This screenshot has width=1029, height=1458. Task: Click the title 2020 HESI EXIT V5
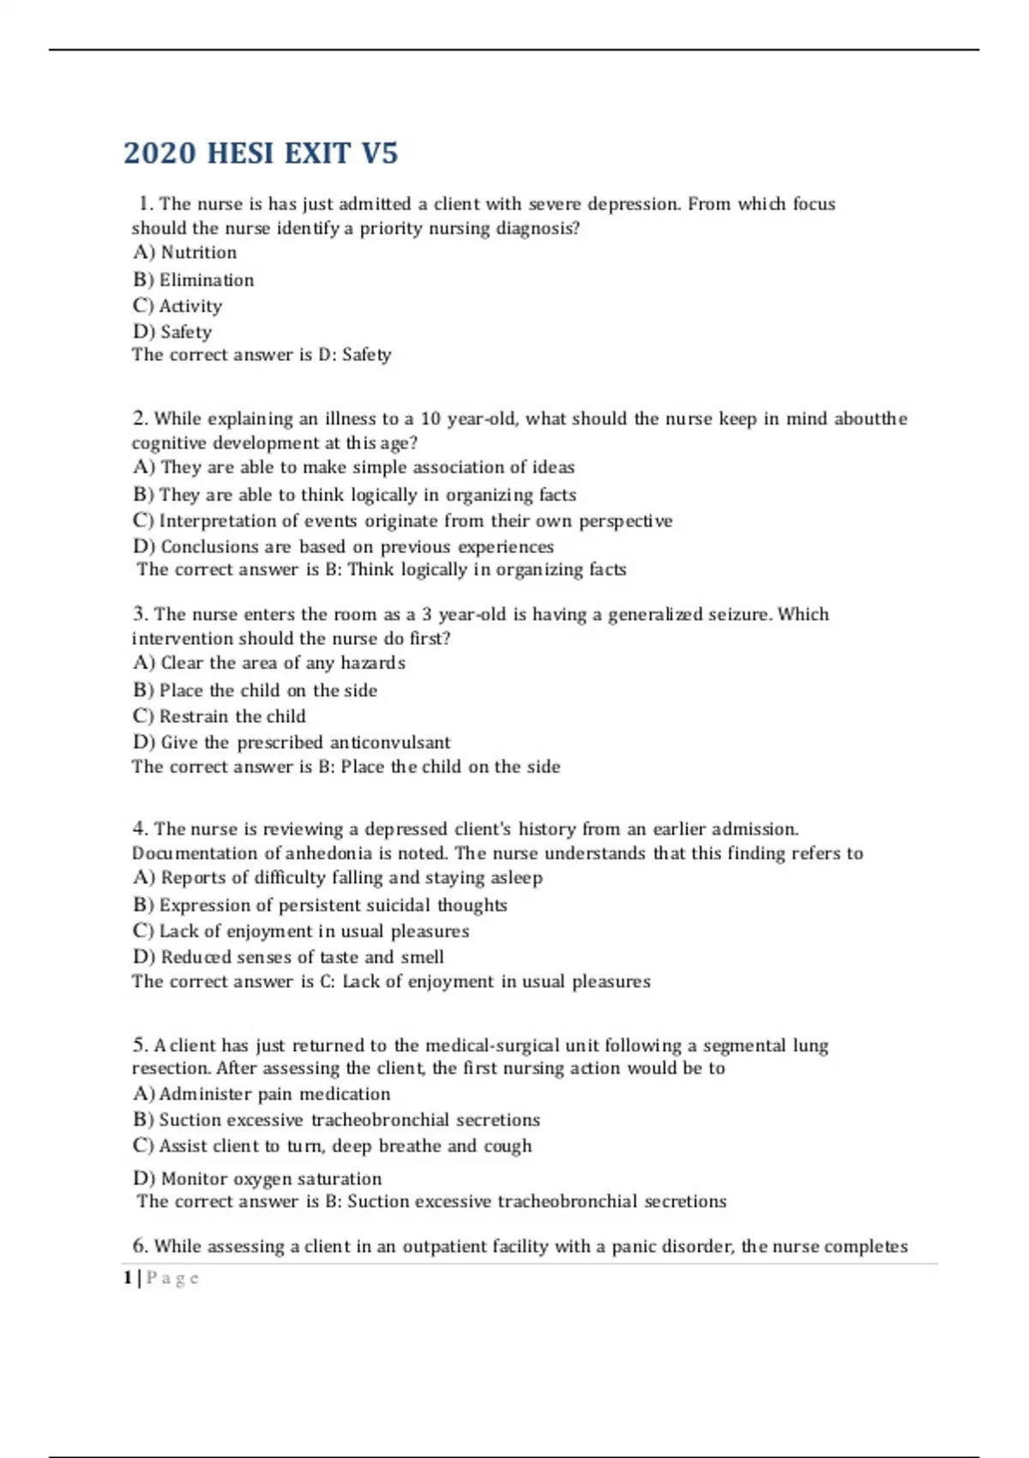click(x=261, y=153)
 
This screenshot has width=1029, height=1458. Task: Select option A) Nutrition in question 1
click(x=184, y=252)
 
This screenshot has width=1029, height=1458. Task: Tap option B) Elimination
click(x=193, y=280)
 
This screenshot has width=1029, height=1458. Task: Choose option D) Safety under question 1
click(x=171, y=332)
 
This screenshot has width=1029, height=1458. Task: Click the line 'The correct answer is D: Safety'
click(x=261, y=355)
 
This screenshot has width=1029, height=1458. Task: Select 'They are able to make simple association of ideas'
click(x=353, y=467)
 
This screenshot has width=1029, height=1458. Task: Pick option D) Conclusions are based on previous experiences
click(x=343, y=546)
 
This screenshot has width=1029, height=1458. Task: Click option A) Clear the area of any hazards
click(x=268, y=663)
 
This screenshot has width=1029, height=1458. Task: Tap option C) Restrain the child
click(x=219, y=716)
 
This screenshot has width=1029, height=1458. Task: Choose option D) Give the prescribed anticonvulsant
click(x=292, y=742)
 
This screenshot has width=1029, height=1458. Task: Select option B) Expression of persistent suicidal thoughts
click(x=320, y=905)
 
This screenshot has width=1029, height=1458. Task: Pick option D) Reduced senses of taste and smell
click(x=288, y=957)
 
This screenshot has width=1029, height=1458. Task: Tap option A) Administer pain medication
click(x=262, y=1093)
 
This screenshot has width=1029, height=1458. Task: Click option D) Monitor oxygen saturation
click(x=257, y=1178)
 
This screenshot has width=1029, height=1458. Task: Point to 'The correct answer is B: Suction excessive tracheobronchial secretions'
click(x=431, y=1202)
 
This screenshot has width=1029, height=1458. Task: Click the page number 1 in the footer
click(x=128, y=1278)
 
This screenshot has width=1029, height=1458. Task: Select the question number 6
click(x=141, y=1246)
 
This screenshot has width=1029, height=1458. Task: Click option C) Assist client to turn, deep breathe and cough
click(x=332, y=1146)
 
